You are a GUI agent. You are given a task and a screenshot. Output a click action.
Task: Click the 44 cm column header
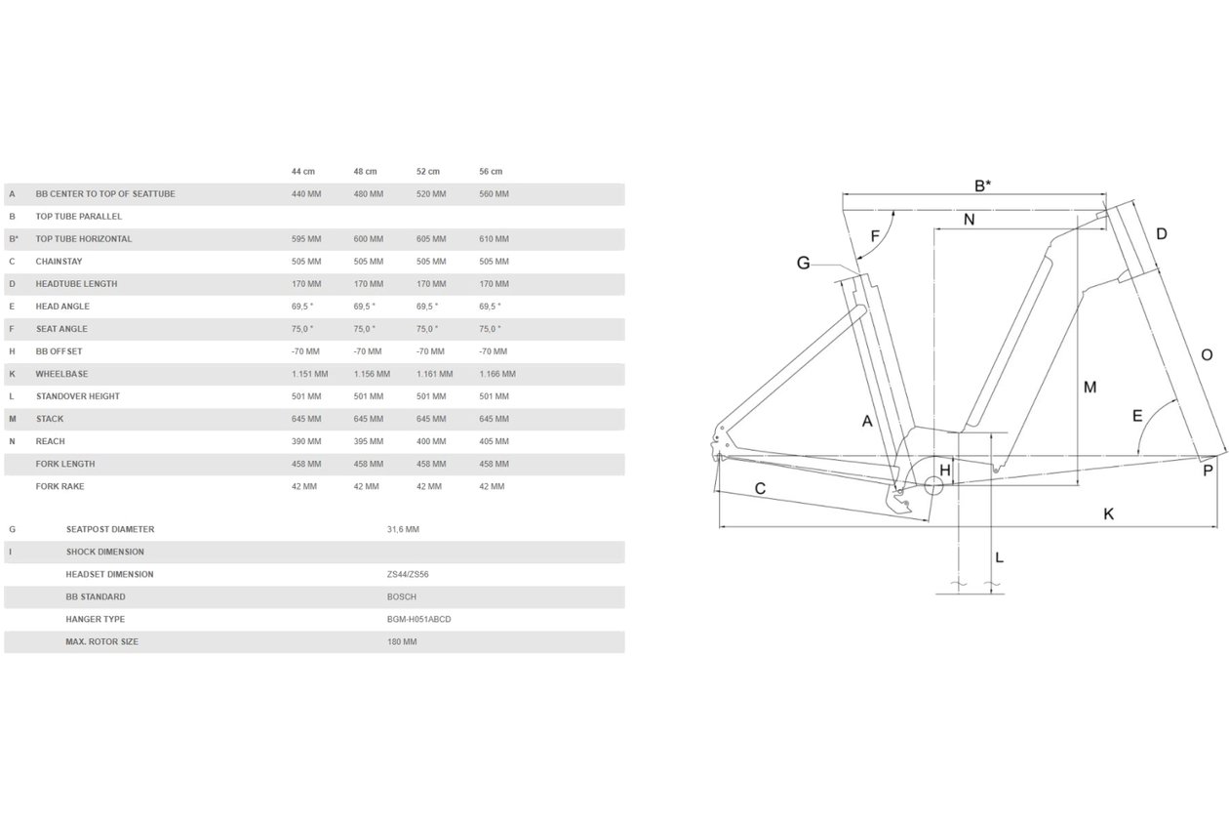[302, 172]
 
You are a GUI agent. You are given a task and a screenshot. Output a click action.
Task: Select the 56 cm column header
[491, 172]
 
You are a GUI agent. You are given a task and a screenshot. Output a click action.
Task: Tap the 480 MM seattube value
[368, 194]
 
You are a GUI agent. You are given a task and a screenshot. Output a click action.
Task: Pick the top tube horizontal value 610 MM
[494, 239]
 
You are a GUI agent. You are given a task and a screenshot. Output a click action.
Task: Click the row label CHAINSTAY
[59, 262]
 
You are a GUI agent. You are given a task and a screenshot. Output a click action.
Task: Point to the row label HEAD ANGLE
[62, 307]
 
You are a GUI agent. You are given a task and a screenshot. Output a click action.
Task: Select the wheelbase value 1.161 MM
[435, 374]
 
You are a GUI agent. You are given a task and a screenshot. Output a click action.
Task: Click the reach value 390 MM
[306, 441]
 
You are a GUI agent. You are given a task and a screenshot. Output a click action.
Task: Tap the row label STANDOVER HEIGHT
[78, 396]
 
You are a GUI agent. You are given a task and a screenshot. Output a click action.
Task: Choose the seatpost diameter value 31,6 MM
[403, 529]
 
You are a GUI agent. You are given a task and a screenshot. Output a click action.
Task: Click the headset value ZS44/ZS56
[408, 575]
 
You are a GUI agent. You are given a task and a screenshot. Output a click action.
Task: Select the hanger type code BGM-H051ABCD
[419, 620]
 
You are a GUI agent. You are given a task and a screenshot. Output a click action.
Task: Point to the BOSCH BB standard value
[402, 597]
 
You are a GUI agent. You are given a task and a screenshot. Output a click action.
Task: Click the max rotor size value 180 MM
[402, 642]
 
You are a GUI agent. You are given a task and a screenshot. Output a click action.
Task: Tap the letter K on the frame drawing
[1108, 514]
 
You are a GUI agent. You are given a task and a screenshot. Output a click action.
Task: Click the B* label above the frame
[982, 185]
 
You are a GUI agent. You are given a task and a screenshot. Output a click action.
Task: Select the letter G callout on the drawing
[804, 263]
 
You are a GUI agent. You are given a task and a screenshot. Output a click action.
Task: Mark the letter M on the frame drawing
[1090, 388]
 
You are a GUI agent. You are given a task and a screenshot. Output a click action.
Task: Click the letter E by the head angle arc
[1137, 416]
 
